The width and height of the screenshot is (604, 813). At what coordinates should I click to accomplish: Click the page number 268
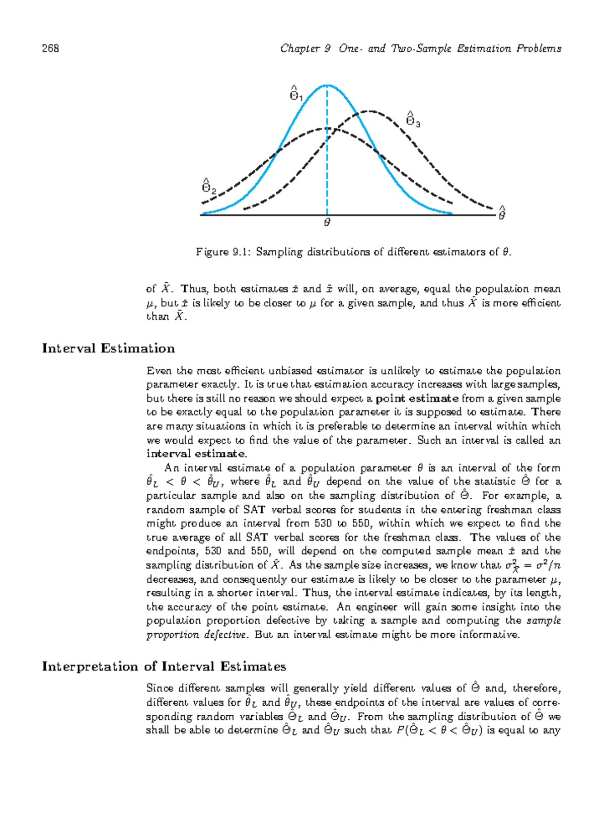(50, 48)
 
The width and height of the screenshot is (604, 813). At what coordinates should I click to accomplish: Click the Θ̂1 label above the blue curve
(295, 94)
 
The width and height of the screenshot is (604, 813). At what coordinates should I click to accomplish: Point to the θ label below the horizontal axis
(327, 222)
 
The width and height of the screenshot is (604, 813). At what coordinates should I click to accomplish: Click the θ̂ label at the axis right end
(501, 214)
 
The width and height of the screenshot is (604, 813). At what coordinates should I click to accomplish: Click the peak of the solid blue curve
(327, 86)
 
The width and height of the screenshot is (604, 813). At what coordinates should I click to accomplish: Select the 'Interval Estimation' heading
(108, 349)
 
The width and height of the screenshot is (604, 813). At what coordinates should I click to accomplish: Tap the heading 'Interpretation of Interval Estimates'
(164, 667)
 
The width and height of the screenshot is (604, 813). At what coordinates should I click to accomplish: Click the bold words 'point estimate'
(417, 398)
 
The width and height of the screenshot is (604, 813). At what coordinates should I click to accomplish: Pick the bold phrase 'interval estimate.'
(196, 454)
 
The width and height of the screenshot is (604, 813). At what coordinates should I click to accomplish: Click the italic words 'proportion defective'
(196, 635)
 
